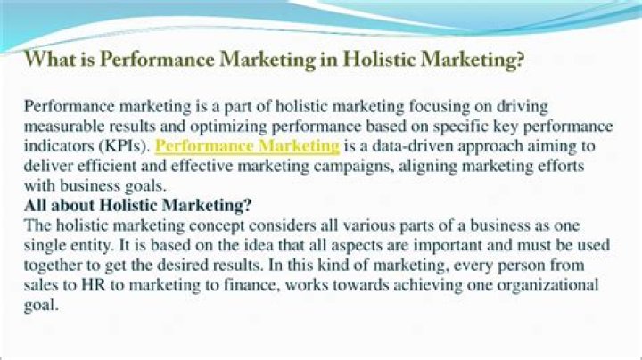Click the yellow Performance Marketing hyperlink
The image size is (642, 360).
(x=247, y=146)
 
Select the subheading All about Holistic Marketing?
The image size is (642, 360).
(x=137, y=205)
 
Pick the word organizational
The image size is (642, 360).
(x=547, y=285)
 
